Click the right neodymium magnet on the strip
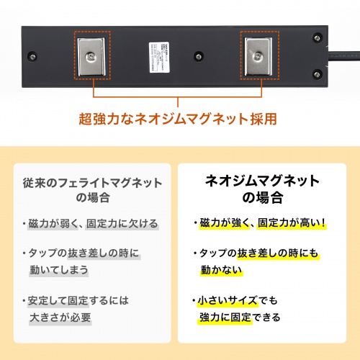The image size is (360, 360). point(256,56)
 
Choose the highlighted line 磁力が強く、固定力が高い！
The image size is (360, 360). point(264,223)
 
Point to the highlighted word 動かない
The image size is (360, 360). point(222,270)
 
